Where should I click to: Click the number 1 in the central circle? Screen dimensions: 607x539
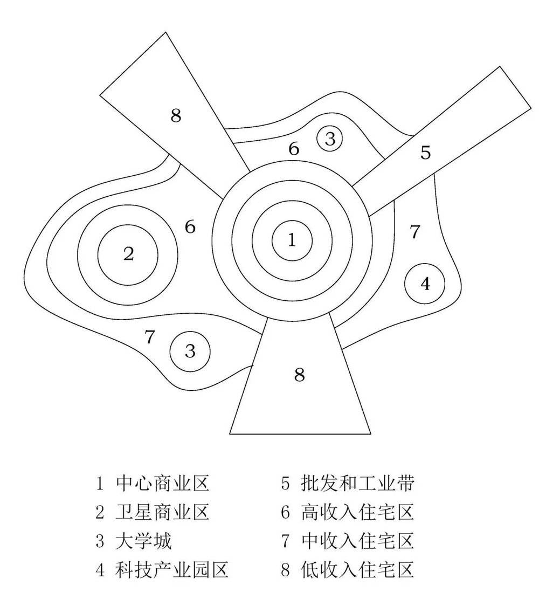[292, 240]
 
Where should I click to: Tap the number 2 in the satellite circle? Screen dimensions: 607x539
[128, 253]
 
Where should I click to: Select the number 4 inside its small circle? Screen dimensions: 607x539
[425, 284]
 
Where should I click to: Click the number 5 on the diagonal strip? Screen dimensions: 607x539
[426, 153]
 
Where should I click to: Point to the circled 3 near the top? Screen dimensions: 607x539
[330, 139]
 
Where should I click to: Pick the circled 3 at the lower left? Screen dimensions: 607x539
[190, 351]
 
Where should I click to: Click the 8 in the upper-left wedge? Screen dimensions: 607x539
[176, 116]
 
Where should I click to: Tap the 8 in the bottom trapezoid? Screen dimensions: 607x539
[300, 374]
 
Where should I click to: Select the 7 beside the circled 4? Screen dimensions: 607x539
[414, 232]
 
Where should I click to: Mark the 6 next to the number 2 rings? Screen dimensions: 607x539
[190, 227]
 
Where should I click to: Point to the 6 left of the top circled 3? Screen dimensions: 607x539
[294, 149]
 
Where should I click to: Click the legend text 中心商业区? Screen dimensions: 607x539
[162, 484]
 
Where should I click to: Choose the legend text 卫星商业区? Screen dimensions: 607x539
[162, 512]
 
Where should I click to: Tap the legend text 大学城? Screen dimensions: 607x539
[144, 541]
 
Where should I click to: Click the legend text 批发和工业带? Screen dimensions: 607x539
[357, 484]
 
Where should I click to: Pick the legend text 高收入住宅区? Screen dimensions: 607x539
[357, 512]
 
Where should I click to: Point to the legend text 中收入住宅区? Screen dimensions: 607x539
[357, 541]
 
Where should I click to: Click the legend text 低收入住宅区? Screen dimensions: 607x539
[357, 569]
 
